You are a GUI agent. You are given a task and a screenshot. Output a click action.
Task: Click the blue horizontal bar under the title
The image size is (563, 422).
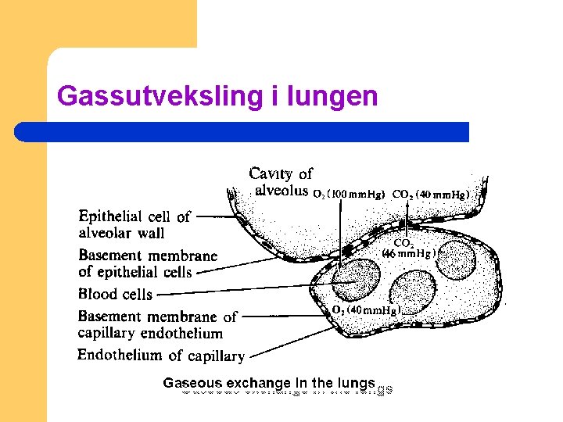[x=242, y=131]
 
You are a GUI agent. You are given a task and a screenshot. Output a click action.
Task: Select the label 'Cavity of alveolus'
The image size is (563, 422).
[x=280, y=181]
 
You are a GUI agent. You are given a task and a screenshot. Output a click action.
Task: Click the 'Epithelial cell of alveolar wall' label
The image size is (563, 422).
[x=134, y=224]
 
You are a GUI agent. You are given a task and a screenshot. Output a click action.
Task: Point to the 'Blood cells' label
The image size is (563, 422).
[x=115, y=295]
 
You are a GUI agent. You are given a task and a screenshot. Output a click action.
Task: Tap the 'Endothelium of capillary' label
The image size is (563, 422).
[x=160, y=356]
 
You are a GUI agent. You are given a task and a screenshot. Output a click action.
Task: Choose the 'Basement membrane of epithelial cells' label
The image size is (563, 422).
[x=147, y=263]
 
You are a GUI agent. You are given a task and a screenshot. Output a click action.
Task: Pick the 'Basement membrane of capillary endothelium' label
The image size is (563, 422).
[x=156, y=324]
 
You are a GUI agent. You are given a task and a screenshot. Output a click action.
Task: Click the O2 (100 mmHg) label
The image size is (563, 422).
[x=349, y=194]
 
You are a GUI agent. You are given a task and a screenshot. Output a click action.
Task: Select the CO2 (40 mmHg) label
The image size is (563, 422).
[x=429, y=194]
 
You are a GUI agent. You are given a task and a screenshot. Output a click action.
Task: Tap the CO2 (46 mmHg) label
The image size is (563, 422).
[x=408, y=248]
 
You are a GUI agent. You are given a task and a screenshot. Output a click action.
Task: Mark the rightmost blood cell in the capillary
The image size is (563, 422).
[x=456, y=259]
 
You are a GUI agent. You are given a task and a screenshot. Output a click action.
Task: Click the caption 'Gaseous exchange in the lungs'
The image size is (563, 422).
[x=269, y=383]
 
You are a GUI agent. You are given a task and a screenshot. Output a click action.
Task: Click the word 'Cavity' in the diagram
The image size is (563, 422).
[x=270, y=173]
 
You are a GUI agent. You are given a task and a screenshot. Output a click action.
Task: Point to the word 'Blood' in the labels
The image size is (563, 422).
[x=96, y=295]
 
